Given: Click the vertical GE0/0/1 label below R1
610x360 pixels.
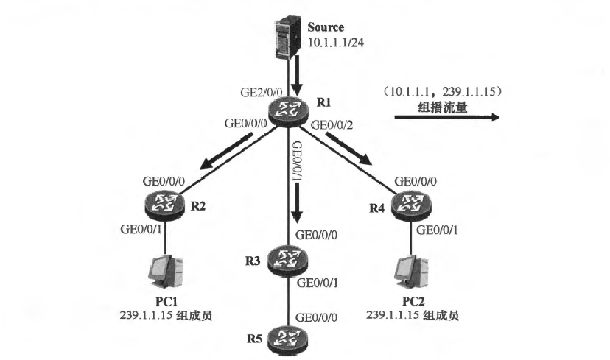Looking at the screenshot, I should tap(296, 158).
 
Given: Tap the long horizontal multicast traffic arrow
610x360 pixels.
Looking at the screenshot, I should tap(446, 116).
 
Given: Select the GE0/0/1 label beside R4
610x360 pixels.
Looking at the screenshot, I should tap(440, 230).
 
